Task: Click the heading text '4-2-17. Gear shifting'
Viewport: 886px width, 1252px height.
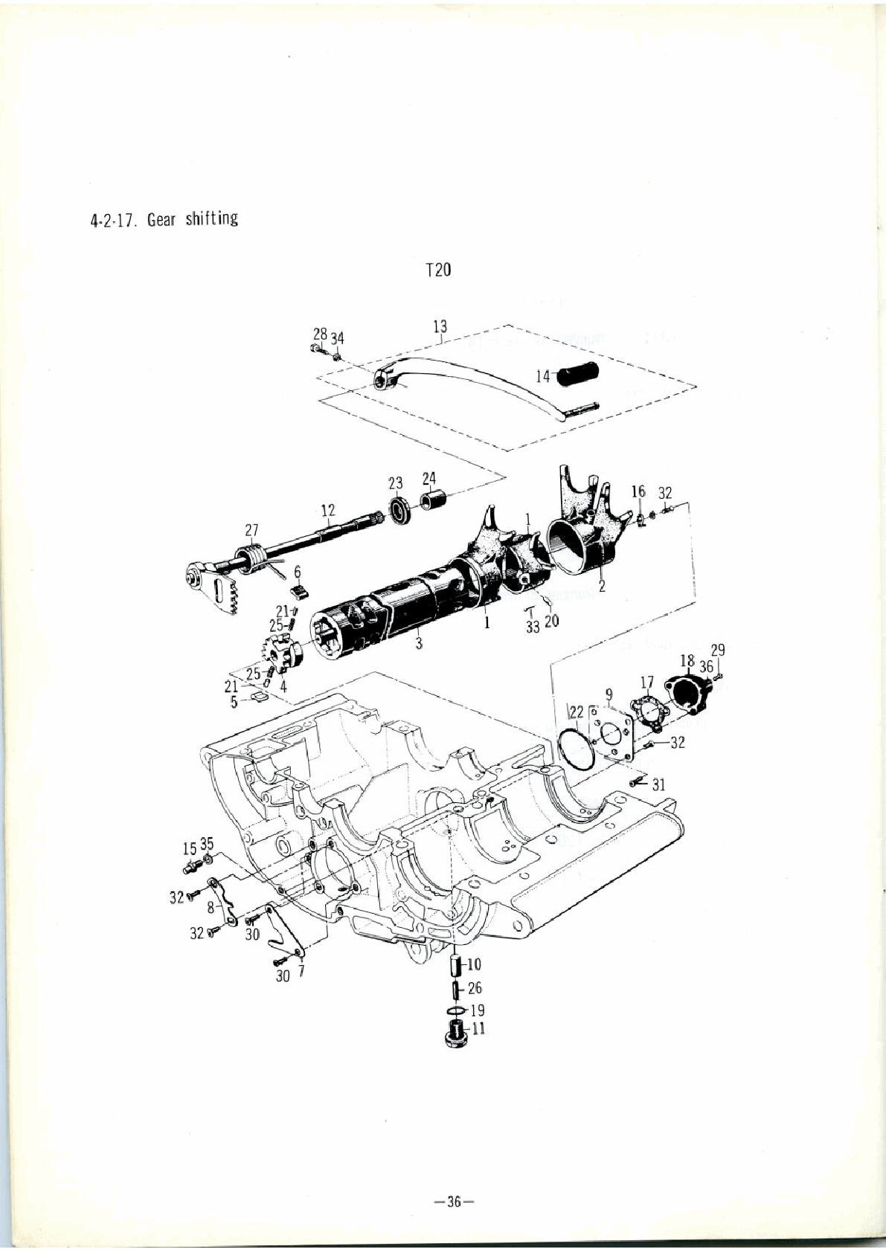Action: (x=164, y=219)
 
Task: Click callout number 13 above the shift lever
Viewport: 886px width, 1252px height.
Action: (x=440, y=326)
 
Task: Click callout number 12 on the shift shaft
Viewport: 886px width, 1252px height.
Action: (x=328, y=510)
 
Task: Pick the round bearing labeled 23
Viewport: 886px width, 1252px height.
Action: (x=400, y=510)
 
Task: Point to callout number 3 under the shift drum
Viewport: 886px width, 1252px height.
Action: (x=418, y=643)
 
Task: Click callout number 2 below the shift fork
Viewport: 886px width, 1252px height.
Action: (x=602, y=587)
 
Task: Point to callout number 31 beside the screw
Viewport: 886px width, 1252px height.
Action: (x=659, y=785)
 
